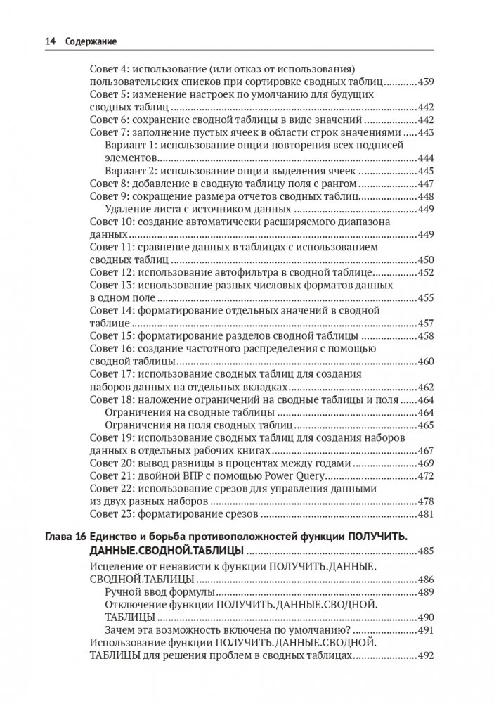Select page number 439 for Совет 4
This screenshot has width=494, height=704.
pos(425,83)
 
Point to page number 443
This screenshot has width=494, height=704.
pos(425,133)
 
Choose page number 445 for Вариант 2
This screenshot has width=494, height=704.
pos(425,171)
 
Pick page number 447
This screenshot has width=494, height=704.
pos(425,184)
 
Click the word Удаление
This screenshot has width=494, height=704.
pos(127,209)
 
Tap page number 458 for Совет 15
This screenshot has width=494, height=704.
pos(425,335)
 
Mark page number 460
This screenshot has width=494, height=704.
pos(425,361)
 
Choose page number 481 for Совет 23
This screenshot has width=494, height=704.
pos(425,514)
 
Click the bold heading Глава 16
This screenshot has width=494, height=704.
pos(61,537)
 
